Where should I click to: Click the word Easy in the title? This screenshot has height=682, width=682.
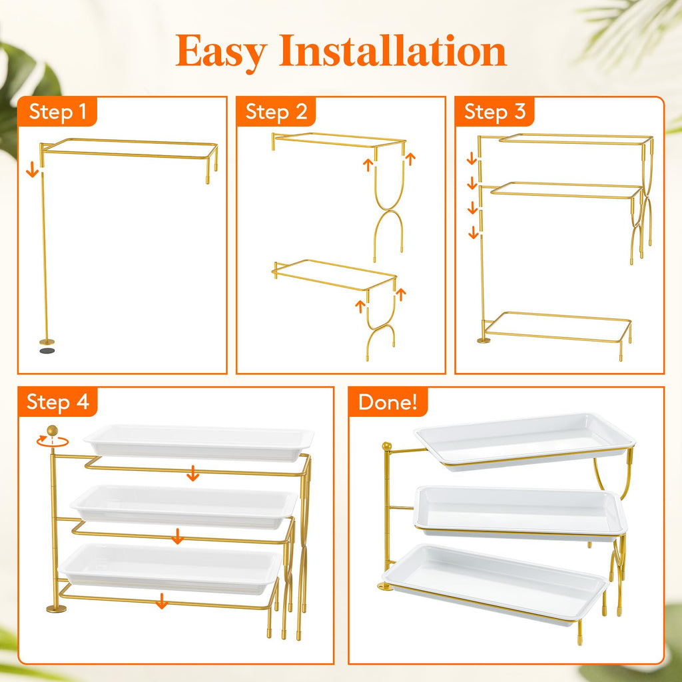[x=222, y=52]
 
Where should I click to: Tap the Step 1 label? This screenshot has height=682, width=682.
[x=57, y=112]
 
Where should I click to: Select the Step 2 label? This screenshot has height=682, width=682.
[x=276, y=112]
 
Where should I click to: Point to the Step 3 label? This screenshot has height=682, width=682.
[x=495, y=112]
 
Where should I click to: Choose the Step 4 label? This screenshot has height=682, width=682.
[x=58, y=402]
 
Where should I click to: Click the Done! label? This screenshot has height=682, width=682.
[x=388, y=402]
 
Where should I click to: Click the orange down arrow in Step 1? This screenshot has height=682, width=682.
[x=32, y=170]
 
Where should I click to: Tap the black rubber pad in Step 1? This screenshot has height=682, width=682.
[x=47, y=350]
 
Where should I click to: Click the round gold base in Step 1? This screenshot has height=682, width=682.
[x=47, y=342]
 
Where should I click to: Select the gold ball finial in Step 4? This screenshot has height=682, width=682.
[x=52, y=430]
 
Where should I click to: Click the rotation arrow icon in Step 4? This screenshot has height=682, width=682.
[x=52, y=442]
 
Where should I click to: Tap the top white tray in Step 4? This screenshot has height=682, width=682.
[x=198, y=443]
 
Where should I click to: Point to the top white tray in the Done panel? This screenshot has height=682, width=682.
[x=524, y=438]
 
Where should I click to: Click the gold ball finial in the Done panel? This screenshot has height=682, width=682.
[x=386, y=446]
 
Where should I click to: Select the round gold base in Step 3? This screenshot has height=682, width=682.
[x=484, y=340]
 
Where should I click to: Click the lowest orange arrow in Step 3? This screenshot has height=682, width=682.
[x=474, y=232]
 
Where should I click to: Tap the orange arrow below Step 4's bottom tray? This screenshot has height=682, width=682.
[x=162, y=601]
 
